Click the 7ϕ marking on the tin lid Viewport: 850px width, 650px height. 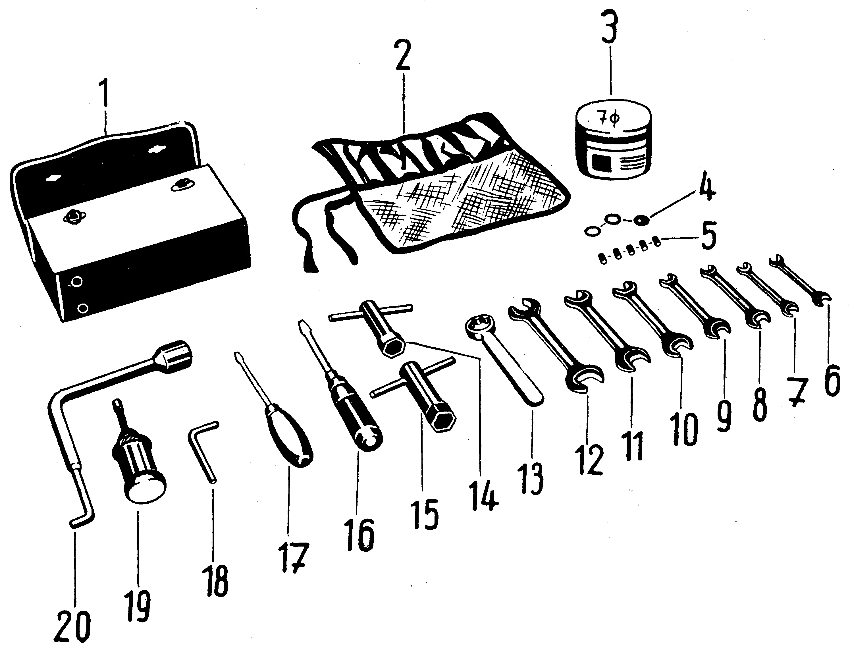click(610, 119)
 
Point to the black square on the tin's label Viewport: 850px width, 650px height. click(598, 162)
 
